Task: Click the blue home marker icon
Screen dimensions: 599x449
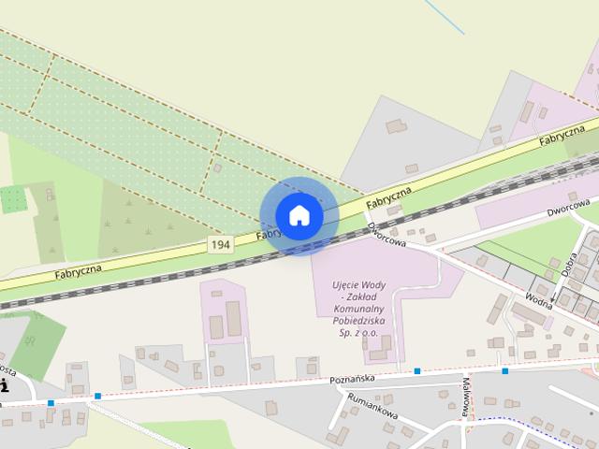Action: (299, 216)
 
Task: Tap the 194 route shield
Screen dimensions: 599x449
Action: (220, 244)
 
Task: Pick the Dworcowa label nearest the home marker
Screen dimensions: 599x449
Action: (387, 234)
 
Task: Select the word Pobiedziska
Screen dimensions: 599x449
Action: (359, 318)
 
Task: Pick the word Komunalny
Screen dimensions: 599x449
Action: (359, 307)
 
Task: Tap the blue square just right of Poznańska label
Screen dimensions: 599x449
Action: (417, 371)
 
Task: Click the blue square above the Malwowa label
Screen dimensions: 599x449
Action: (504, 371)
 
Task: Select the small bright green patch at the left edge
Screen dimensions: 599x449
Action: (14, 199)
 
